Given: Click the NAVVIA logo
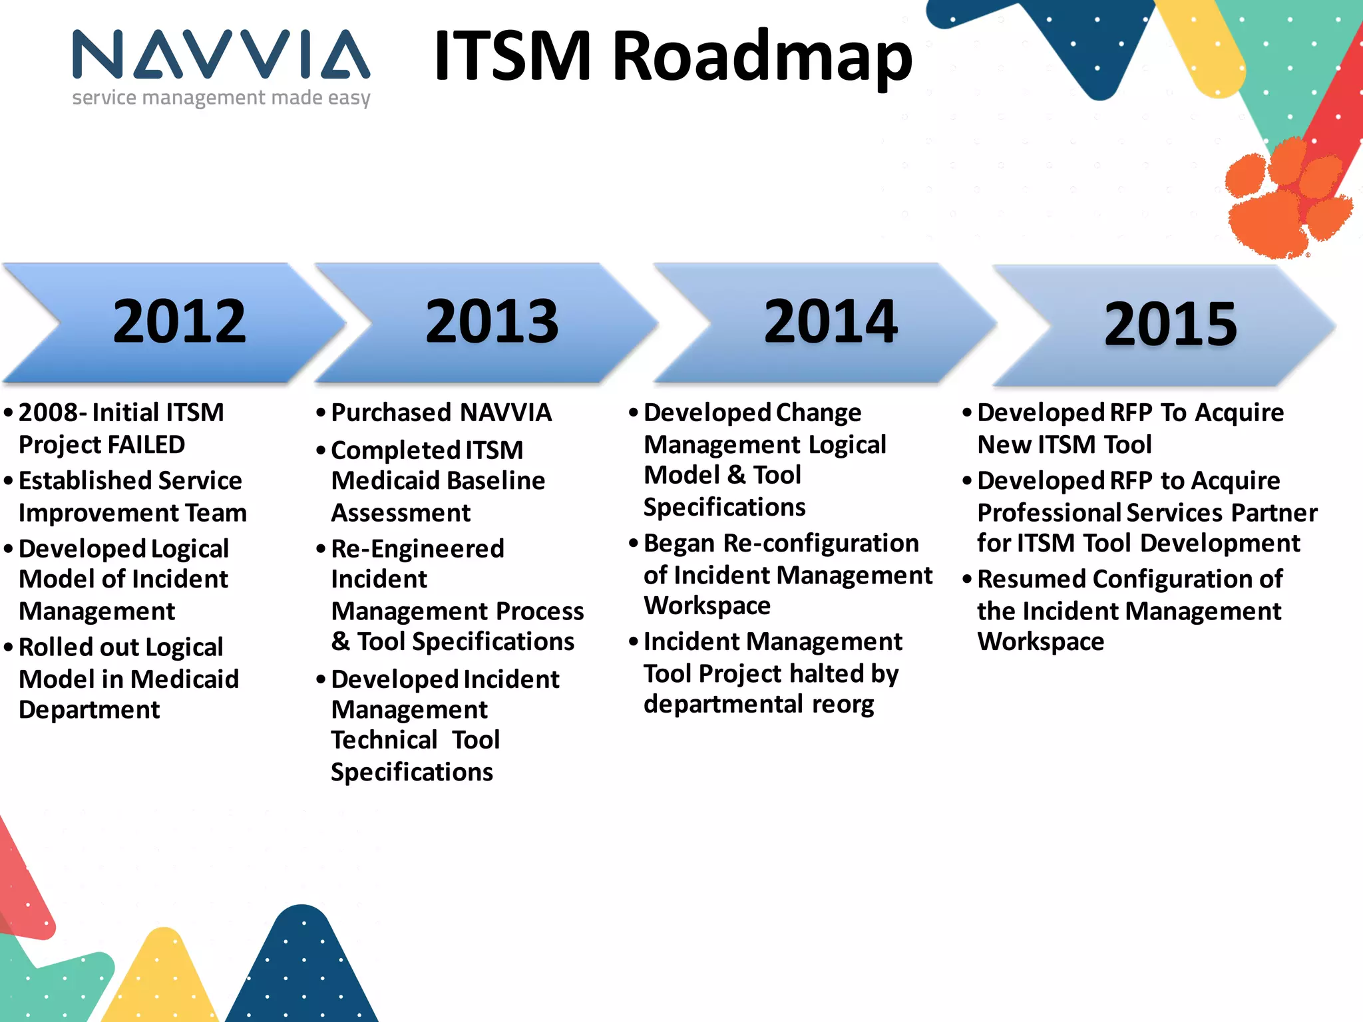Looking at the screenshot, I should pos(221,55).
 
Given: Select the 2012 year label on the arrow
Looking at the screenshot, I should pos(179,322).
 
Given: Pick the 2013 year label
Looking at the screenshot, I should pos(492,322).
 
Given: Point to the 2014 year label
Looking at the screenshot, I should pos(831,322).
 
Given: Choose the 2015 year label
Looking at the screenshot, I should pos(1170,325).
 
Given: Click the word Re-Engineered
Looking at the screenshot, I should pos(417,549).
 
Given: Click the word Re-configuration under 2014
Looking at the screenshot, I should pos(821,543).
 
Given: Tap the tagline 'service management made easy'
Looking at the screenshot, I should pos(221,98).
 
